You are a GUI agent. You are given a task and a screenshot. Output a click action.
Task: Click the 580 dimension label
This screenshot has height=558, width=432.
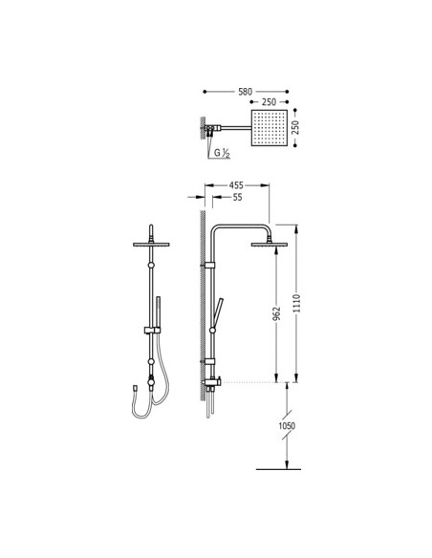[245, 92]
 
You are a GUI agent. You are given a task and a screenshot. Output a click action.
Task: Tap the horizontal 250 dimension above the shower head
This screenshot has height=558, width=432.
[269, 102]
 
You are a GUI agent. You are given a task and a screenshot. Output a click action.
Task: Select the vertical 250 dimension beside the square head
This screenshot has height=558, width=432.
[295, 127]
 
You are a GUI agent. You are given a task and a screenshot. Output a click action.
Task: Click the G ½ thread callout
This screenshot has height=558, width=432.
[222, 154]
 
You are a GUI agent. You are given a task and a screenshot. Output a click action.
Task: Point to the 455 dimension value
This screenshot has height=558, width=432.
[236, 185]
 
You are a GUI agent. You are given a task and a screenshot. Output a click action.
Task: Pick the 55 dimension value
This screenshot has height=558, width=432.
[237, 197]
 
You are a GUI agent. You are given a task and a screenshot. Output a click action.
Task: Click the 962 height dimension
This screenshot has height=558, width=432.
[276, 313]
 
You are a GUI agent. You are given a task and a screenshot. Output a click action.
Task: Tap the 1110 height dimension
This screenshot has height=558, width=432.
[296, 303]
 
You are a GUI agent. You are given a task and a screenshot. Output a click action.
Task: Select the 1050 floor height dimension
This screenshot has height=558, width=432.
[287, 425]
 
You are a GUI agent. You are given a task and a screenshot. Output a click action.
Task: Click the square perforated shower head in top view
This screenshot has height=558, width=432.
[270, 128]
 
